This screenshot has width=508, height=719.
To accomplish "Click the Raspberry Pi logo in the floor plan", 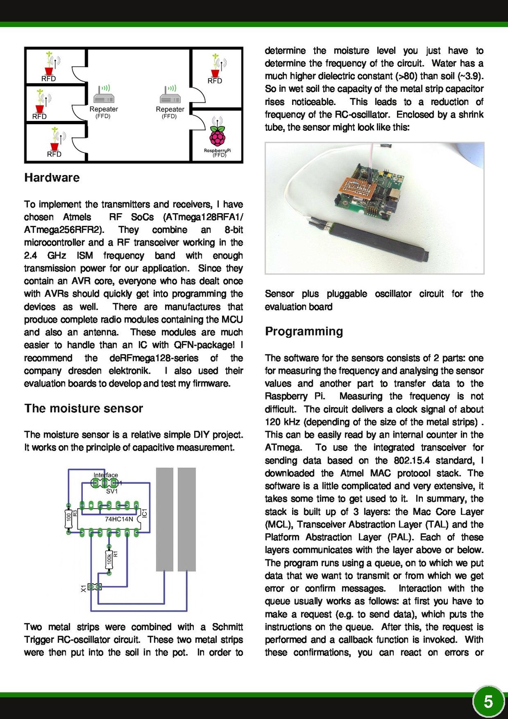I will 217,136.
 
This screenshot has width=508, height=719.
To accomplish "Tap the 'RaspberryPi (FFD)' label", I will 217,152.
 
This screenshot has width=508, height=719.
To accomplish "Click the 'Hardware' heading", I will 52,178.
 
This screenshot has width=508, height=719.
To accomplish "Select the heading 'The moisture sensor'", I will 83,408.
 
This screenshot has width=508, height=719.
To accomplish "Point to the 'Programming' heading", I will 304,331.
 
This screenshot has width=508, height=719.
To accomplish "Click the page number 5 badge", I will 488,702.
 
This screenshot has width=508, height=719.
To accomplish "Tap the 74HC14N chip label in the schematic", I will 119,519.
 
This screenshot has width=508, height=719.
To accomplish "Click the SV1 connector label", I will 111,491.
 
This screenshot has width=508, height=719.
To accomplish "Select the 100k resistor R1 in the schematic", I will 109,559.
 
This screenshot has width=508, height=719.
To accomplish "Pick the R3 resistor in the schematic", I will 69,517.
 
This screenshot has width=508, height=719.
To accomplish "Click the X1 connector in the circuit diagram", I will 94,587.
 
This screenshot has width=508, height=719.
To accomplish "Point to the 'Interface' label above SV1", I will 106,475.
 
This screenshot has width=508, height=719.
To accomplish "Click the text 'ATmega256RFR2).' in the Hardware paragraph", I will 64,230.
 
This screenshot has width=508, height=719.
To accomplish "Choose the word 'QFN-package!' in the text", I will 204,345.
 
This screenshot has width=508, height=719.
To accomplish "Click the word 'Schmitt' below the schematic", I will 228,627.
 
